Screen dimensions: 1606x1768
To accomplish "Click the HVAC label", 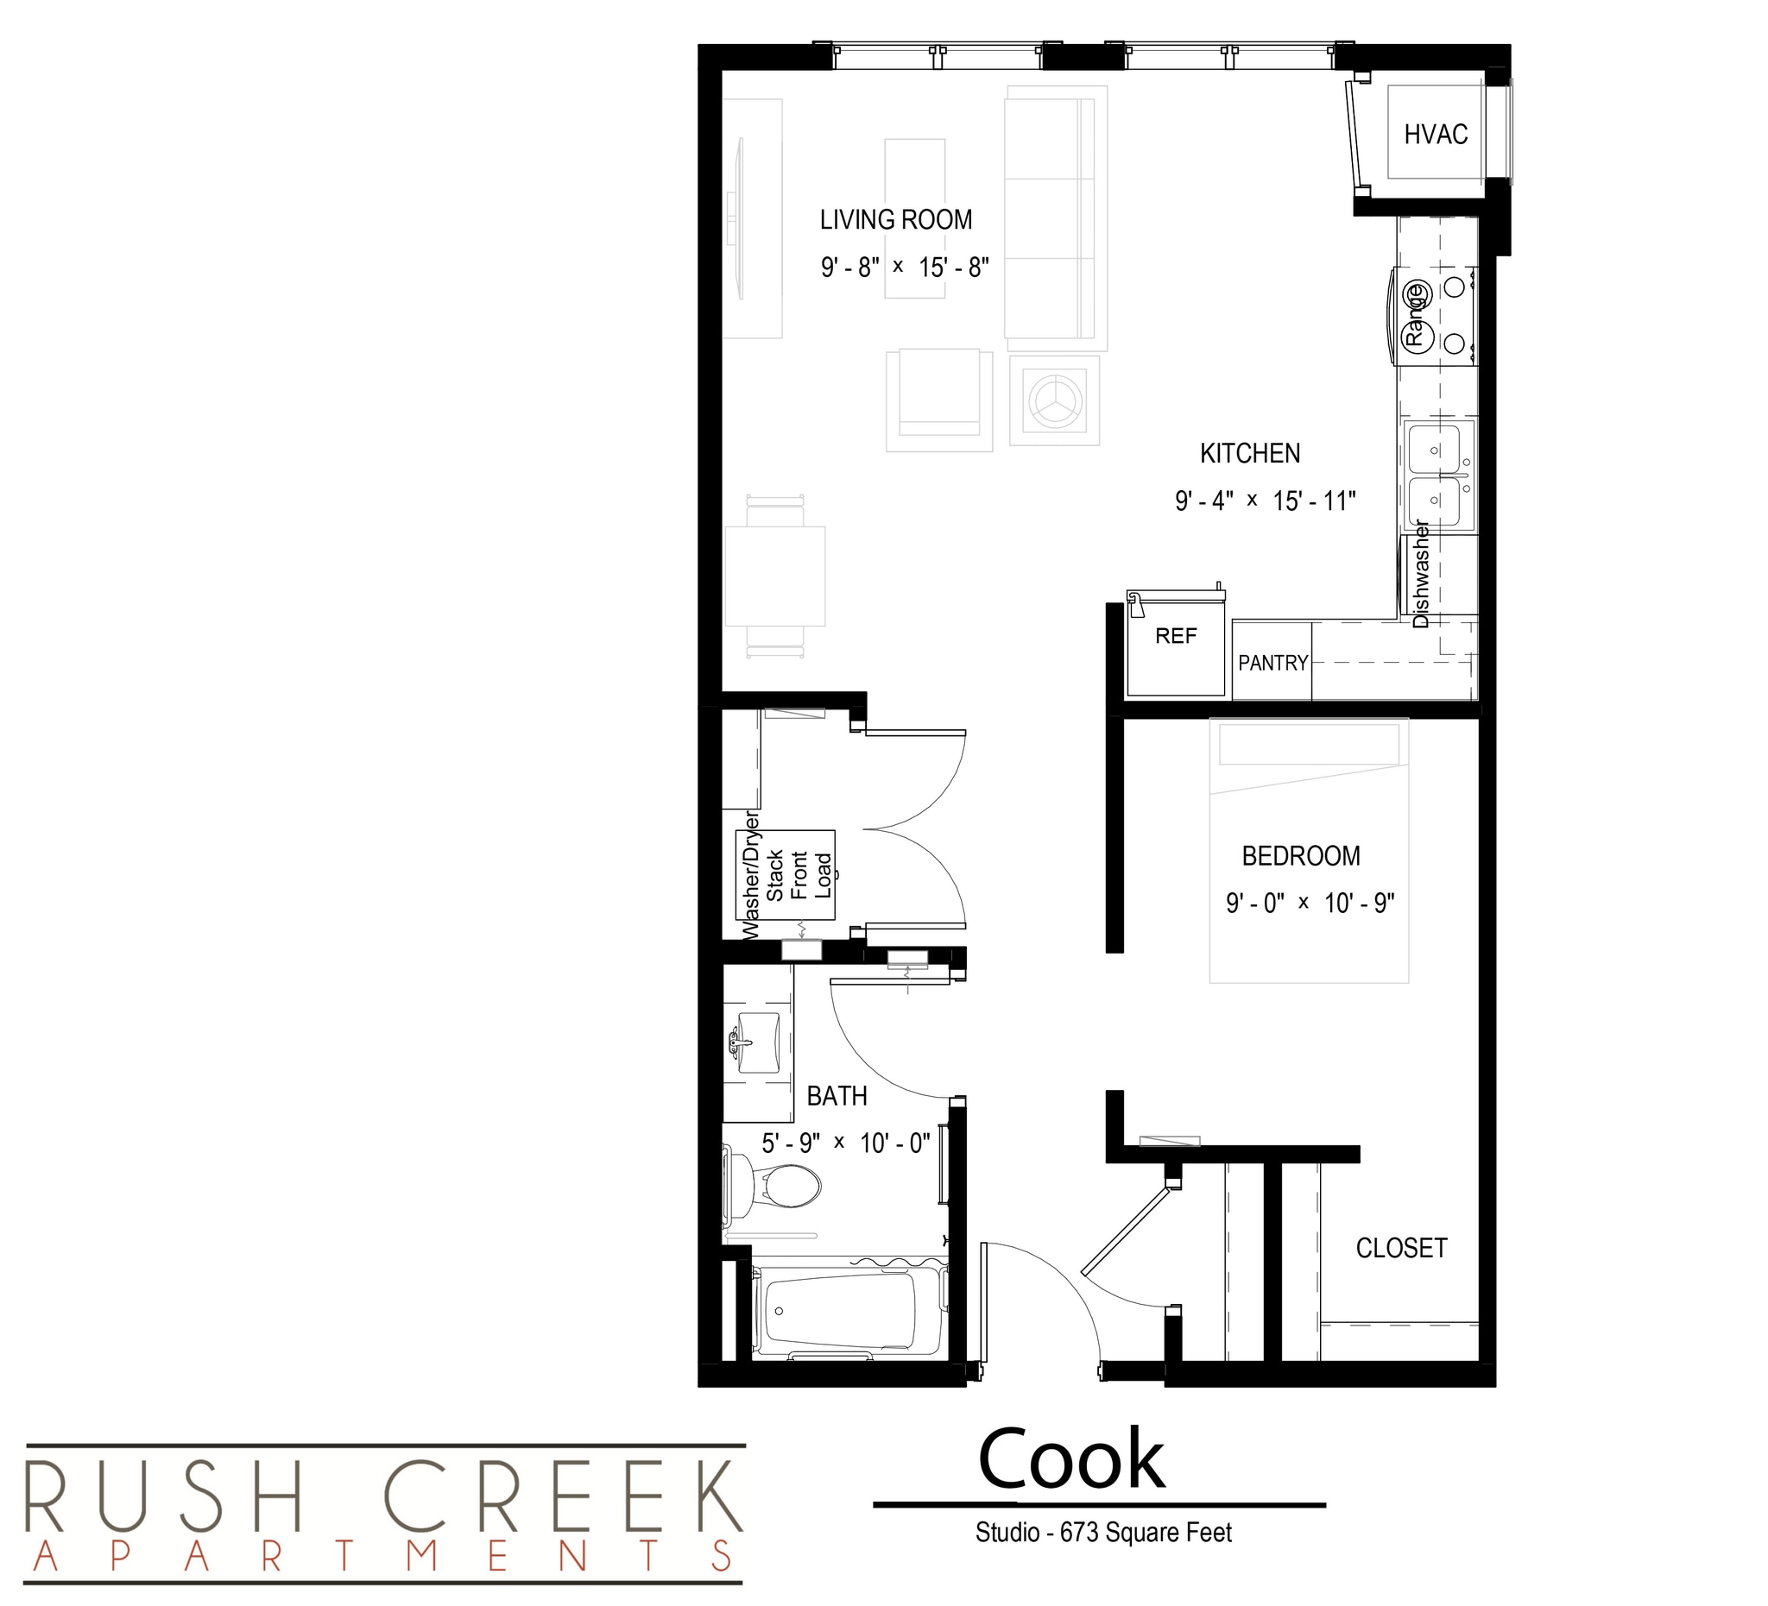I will (1436, 134).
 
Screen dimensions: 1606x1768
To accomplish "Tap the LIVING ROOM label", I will (895, 220).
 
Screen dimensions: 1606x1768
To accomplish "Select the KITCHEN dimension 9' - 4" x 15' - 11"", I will (1265, 501).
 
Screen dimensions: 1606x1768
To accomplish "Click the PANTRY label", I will (1272, 664).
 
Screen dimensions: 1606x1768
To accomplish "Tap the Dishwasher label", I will (1421, 574).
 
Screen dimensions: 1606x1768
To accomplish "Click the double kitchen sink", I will (1436, 475).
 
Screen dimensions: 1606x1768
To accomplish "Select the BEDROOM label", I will (1301, 856).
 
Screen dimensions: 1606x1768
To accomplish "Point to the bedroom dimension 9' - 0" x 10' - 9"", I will (1310, 903).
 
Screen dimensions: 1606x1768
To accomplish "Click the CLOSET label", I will (1400, 1249).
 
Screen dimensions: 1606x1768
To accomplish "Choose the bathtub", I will (840, 1312).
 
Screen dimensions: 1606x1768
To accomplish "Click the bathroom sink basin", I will (758, 1043).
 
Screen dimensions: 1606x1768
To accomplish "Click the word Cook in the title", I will (1070, 1459).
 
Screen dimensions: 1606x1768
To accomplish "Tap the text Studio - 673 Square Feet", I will (1103, 1533).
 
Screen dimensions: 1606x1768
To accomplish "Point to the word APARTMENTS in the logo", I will (383, 1556).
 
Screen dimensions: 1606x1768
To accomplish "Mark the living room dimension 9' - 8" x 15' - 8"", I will (904, 268).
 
